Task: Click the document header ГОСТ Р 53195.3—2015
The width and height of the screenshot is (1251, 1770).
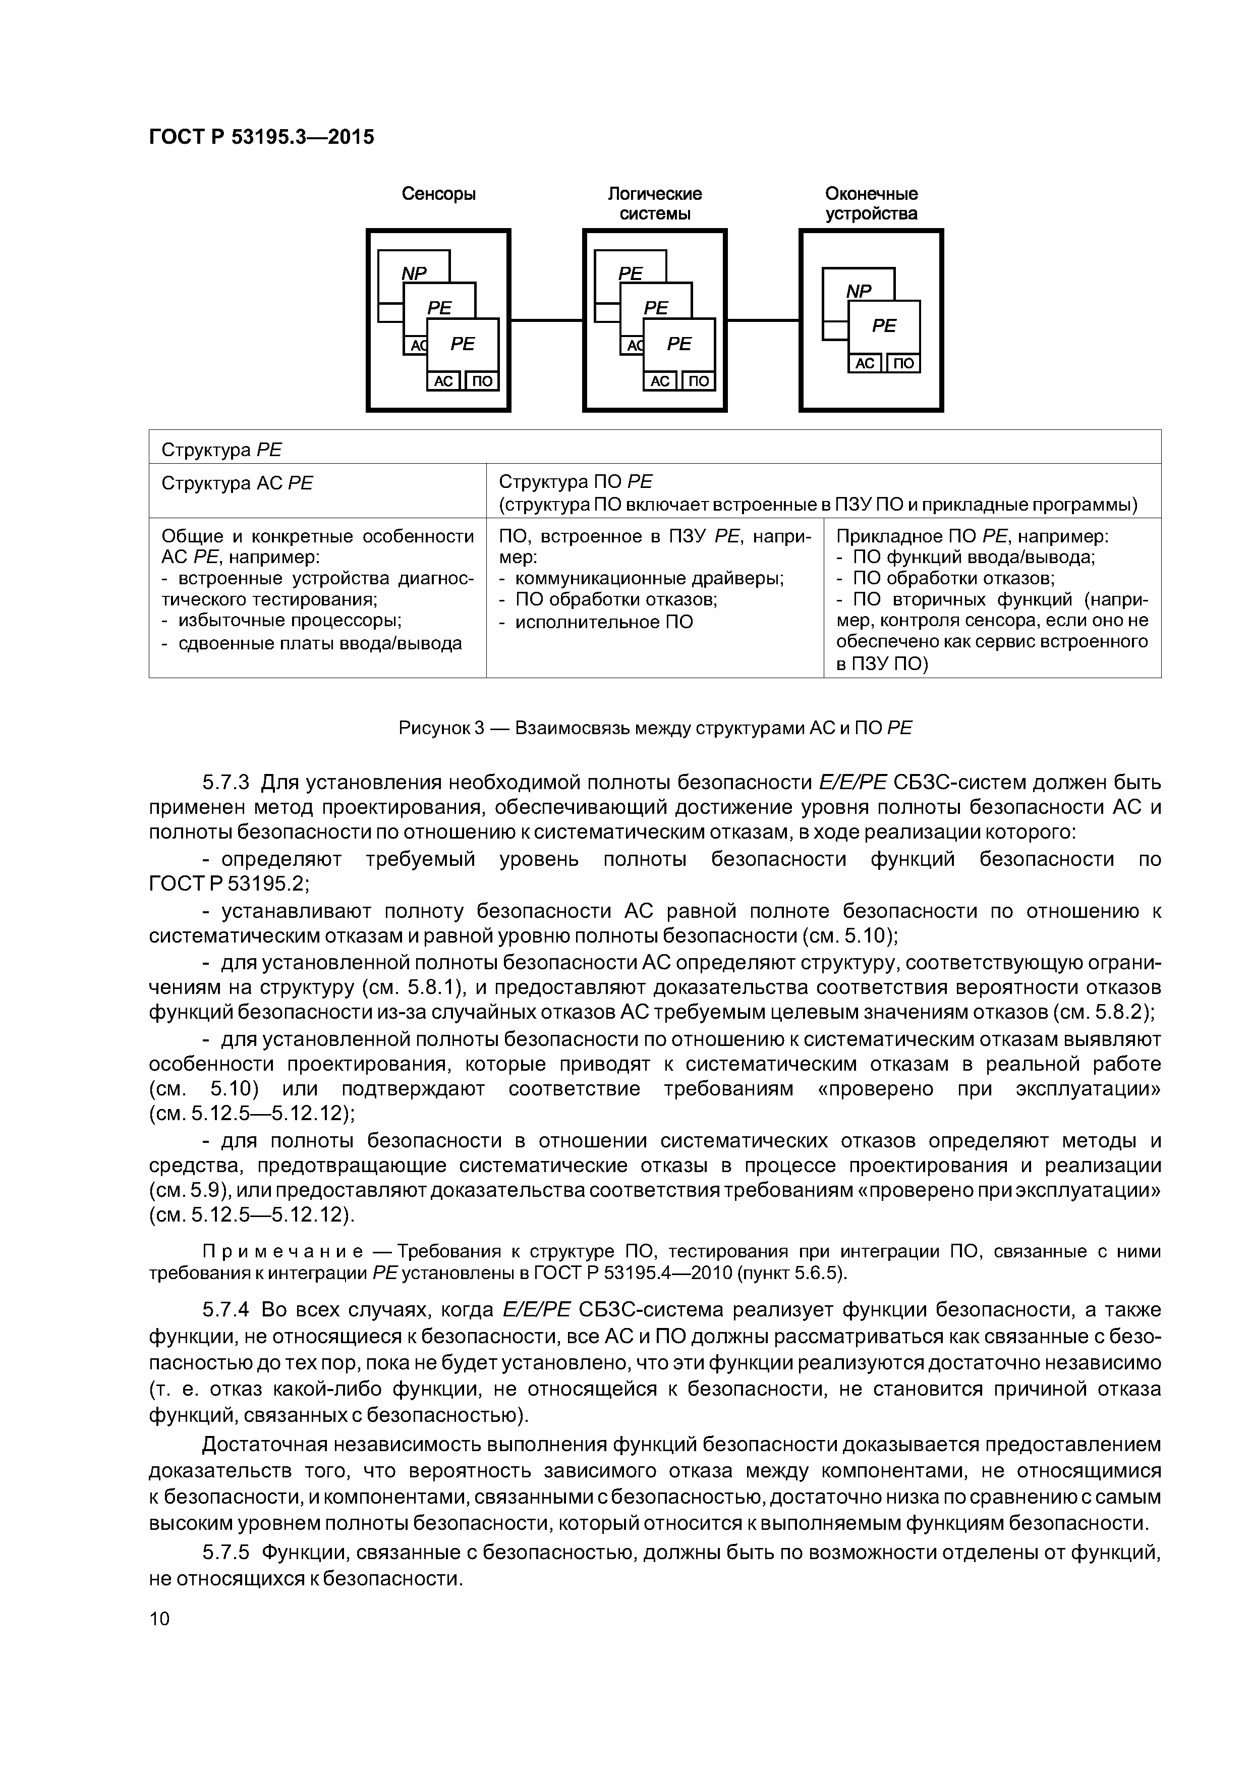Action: pyautogui.click(x=260, y=137)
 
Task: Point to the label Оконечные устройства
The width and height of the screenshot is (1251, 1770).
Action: pyautogui.click(x=871, y=203)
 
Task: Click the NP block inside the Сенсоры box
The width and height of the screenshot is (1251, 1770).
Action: pyautogui.click(x=414, y=272)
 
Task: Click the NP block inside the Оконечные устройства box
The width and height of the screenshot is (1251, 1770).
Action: pyautogui.click(x=858, y=290)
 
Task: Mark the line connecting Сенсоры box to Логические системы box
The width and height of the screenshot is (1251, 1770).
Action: pyautogui.click(x=546, y=320)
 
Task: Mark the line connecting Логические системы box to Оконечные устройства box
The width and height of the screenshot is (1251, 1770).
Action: pyautogui.click(x=763, y=320)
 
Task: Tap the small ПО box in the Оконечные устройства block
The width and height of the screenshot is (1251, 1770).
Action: pyautogui.click(x=903, y=363)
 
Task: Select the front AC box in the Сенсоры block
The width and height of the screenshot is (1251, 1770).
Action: pyautogui.click(x=443, y=381)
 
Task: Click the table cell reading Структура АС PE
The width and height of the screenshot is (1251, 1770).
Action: pyautogui.click(x=238, y=483)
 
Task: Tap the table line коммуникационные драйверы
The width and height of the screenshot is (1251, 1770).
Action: pyautogui.click(x=648, y=578)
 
